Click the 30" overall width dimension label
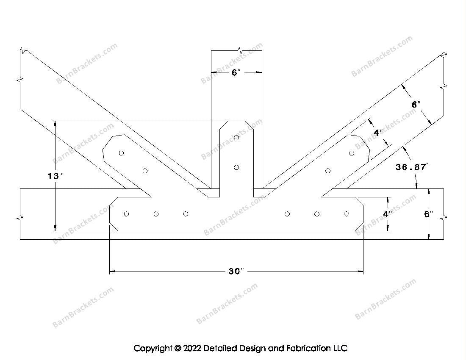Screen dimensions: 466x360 pyautogui.click(x=236, y=271)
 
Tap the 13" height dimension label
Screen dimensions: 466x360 pyautogui.click(x=55, y=176)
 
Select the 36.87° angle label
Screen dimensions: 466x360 pyautogui.click(x=412, y=167)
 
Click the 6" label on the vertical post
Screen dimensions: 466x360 pyautogui.click(x=236, y=72)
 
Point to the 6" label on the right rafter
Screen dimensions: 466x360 pyautogui.click(x=416, y=104)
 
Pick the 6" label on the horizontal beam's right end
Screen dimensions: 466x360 pyautogui.click(x=429, y=214)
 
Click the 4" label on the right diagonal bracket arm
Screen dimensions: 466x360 pyautogui.click(x=378, y=133)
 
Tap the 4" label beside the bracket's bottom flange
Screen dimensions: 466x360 pyautogui.click(x=387, y=214)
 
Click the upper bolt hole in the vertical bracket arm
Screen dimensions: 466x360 pyautogui.click(x=236, y=138)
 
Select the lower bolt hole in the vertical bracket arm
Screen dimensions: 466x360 pyautogui.click(x=236, y=168)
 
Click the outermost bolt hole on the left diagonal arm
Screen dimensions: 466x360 pyautogui.click(x=121, y=153)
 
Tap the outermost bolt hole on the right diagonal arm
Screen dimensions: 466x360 pyautogui.click(x=352, y=153)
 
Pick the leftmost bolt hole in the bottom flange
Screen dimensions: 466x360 pyautogui.click(x=126, y=214)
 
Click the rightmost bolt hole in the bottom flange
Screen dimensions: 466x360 pyautogui.click(x=347, y=214)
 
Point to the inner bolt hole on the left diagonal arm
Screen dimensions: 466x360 pyautogui.click(x=145, y=171)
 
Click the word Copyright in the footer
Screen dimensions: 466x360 pyautogui.click(x=153, y=348)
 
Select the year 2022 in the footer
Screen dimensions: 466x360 pyautogui.click(x=192, y=348)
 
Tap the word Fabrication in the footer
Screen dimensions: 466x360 pyautogui.click(x=308, y=348)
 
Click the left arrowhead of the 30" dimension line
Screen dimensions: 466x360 pyautogui.click(x=112, y=271)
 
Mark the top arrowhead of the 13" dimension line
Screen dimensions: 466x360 pyautogui.click(x=55, y=124)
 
